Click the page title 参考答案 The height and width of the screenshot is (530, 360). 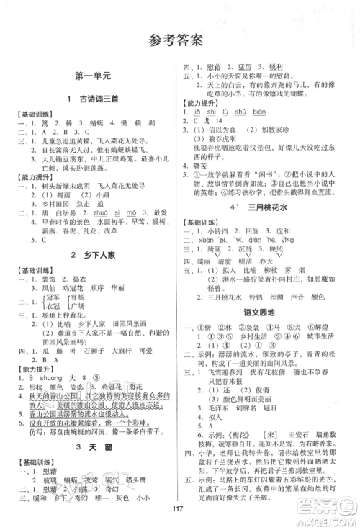click(x=180, y=40)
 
